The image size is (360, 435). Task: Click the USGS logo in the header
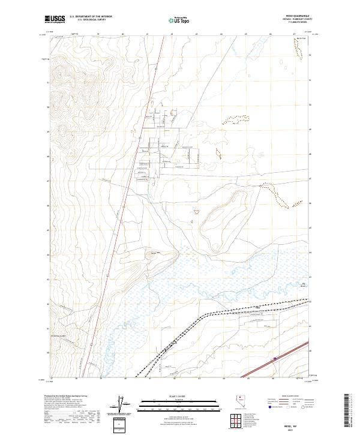(56, 20)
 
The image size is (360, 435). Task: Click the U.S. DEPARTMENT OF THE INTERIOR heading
(91, 17)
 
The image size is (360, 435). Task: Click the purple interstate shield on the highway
(275, 359)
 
